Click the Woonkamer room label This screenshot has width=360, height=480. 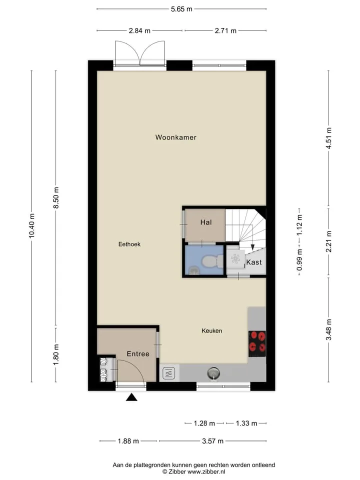click(175, 137)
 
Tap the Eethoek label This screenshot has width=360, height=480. click(129, 244)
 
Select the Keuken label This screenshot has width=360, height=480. click(212, 330)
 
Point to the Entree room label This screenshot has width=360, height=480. click(138, 354)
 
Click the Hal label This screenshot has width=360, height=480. click(206, 222)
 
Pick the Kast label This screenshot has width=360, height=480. click(254, 262)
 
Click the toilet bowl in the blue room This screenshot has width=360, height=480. click(213, 261)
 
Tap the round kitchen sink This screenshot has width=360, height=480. click(213, 373)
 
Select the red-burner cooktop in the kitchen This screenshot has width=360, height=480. click(257, 344)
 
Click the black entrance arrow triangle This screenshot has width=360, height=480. click(131, 397)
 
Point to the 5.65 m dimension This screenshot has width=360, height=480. click(181, 9)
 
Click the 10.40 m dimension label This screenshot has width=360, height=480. click(32, 225)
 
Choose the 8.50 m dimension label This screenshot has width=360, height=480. click(56, 198)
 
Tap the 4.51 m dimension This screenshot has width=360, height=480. click(329, 138)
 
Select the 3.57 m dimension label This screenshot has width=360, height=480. click(213, 441)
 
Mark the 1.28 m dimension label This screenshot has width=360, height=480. click(204, 423)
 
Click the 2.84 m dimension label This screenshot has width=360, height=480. click(139, 30)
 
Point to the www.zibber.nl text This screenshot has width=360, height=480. click(206, 471)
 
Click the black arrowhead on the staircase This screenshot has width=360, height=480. click(252, 247)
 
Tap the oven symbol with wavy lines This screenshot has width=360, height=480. click(168, 373)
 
